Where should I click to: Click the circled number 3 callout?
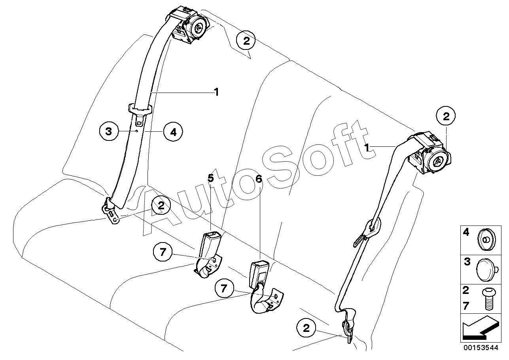pos(109,131)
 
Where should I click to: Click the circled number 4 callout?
pos(172,131)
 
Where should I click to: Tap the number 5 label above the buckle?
pos(211,178)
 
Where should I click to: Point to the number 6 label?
pos(259,179)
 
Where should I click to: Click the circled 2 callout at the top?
pos(246,40)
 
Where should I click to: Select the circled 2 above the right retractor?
pos(446,117)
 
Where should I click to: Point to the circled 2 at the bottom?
pos(306,328)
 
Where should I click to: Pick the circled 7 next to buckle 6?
pos(224,288)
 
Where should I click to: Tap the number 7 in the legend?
pos(466,306)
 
